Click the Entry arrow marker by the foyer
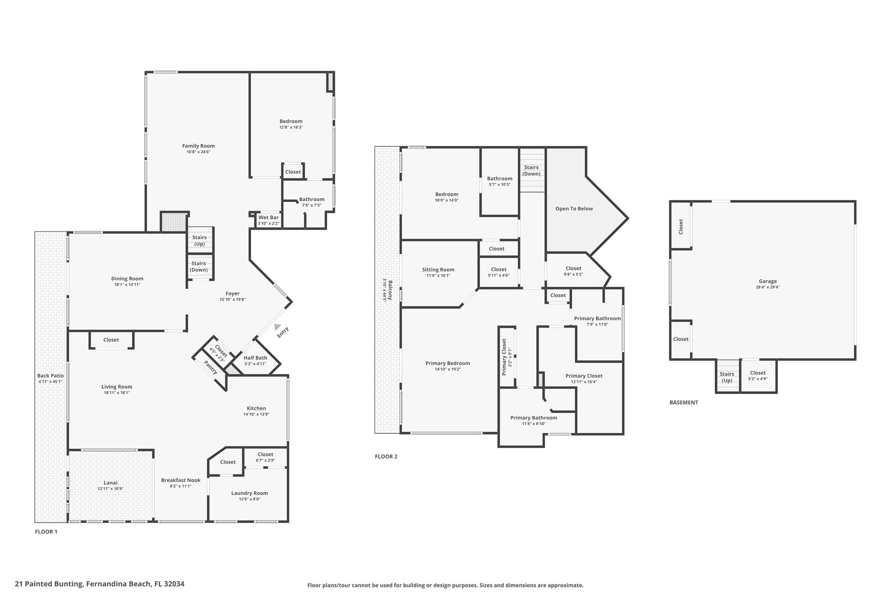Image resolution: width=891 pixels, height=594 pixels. click(x=277, y=327)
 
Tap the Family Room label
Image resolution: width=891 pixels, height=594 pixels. click(x=198, y=146)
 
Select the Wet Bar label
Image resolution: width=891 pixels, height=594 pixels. click(x=268, y=218)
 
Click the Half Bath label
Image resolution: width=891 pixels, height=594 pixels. click(x=255, y=358)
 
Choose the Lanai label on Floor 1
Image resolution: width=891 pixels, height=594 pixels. click(x=111, y=483)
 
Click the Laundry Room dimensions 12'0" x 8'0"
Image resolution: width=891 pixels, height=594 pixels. click(x=249, y=499)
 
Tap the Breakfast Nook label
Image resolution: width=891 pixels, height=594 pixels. click(x=181, y=480)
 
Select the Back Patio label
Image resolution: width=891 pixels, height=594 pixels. click(x=50, y=376)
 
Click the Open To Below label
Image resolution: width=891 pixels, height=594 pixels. click(x=574, y=208)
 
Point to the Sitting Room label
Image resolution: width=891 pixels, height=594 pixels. click(x=438, y=269)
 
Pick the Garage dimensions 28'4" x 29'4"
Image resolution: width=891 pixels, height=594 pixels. click(x=768, y=287)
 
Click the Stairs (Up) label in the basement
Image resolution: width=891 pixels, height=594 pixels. click(x=727, y=377)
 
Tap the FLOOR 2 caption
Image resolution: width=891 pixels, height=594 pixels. click(x=386, y=456)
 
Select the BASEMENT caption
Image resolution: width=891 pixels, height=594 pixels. click(x=684, y=403)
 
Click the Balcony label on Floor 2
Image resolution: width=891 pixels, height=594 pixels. click(x=390, y=290)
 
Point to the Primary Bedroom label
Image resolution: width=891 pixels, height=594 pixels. click(x=448, y=363)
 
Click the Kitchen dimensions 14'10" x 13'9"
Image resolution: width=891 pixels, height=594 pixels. click(x=256, y=414)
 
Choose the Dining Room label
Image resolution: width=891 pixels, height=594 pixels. click(x=127, y=279)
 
